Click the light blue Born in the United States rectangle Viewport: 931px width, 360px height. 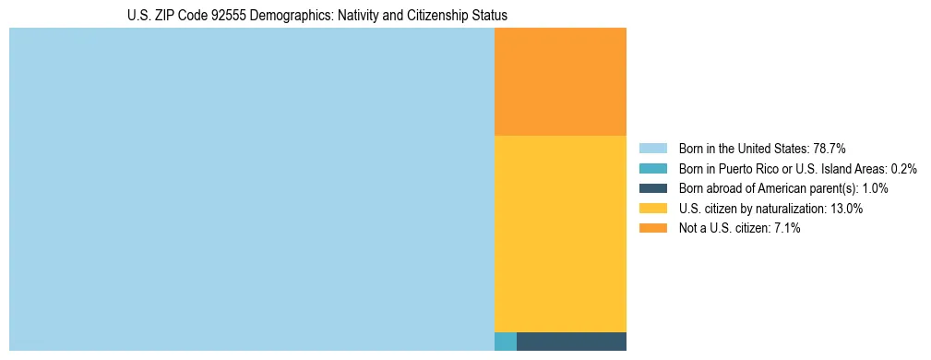[251, 189]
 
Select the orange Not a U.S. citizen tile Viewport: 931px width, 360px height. [560, 81]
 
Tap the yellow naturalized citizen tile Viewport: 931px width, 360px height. [560, 233]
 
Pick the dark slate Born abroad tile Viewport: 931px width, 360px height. [571, 342]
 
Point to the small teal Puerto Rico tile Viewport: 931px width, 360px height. [506, 342]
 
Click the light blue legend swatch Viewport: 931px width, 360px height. [652, 148]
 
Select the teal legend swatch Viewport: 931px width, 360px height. [652, 168]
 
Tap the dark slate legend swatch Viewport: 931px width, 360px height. [652, 188]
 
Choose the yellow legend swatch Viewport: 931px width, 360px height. [652, 209]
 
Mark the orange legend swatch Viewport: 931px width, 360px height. [652, 228]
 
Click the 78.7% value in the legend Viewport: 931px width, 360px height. [830, 148]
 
